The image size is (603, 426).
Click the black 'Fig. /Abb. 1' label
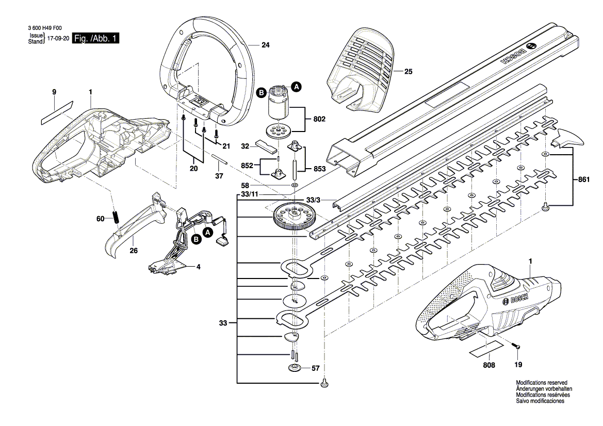pos(96,39)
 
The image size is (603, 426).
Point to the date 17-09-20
pos(58,39)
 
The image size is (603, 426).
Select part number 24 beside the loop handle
pos(265,45)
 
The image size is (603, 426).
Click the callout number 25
pos(408,72)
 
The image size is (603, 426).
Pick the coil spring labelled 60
pos(117,218)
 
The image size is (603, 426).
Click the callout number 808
pos(489,365)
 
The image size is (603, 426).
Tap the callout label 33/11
pos(250,194)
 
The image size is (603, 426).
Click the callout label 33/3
pos(313,200)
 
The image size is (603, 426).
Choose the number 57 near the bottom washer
pos(316,368)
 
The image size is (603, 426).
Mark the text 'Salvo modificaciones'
pos(540,401)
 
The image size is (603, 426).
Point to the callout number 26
pos(133,251)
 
